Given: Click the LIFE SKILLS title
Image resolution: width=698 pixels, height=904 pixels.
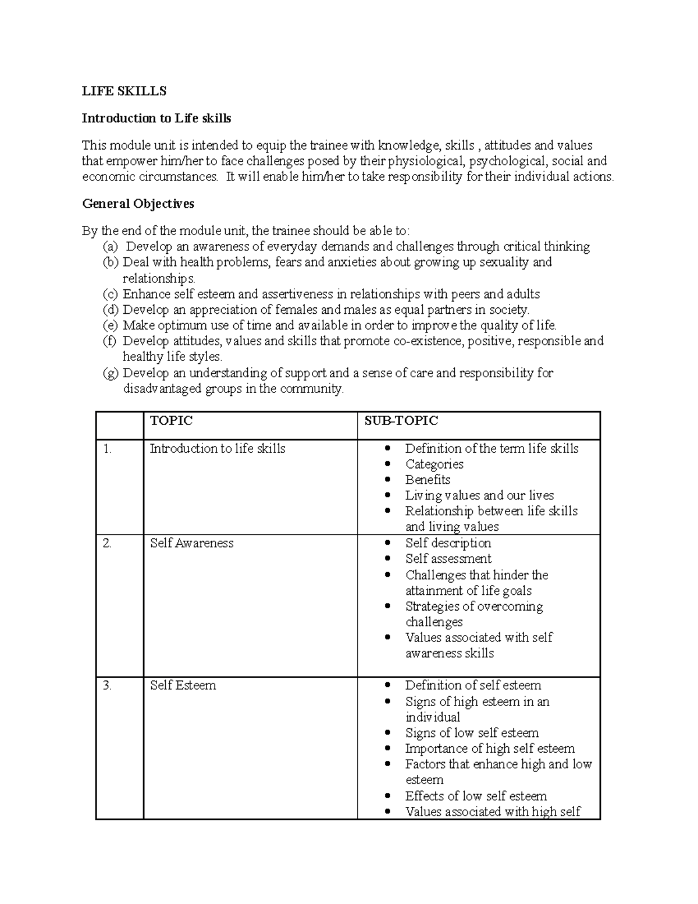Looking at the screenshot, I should (124, 91).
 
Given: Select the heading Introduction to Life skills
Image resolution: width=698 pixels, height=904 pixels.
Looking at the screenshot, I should (156, 118).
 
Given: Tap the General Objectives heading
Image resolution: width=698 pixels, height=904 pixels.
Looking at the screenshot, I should (138, 204).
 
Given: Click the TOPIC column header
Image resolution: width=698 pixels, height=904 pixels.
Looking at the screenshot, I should (171, 421).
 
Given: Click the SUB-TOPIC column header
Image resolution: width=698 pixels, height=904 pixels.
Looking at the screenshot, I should (401, 421).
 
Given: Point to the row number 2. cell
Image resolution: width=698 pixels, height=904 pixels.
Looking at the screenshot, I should (107, 543).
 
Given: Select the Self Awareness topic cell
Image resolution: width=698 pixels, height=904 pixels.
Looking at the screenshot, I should (191, 543).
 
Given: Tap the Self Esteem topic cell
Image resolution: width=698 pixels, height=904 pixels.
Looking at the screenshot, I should (183, 686).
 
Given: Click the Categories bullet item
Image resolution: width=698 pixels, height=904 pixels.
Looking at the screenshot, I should (434, 464).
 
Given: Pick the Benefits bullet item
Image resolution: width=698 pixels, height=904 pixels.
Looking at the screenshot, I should (428, 480).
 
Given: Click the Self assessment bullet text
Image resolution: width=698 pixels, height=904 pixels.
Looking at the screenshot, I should (448, 559).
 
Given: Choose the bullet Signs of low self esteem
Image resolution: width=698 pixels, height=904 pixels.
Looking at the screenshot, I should (472, 733).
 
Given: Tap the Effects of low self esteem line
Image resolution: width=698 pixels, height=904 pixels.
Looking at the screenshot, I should (476, 796).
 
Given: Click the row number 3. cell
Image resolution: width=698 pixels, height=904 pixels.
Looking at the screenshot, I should (107, 686).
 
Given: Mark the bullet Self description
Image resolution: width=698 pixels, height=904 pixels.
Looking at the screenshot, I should (448, 543).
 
